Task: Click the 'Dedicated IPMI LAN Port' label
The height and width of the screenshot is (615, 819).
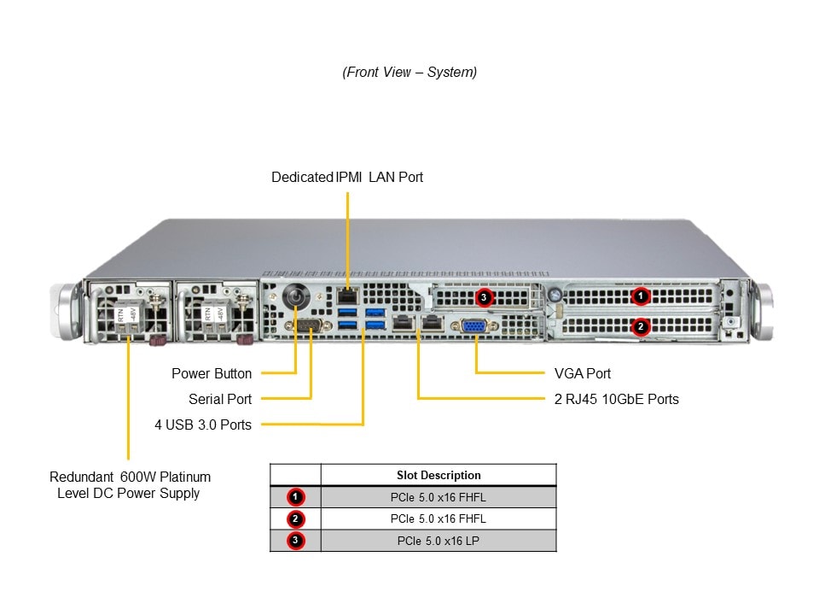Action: [x=346, y=177]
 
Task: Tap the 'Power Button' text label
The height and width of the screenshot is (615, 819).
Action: [x=212, y=373]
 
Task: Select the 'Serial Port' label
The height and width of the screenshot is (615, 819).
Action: [x=220, y=399]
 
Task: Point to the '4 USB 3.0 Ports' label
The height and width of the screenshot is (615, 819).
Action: [x=203, y=425]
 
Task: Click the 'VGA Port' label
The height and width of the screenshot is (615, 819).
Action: [x=582, y=373]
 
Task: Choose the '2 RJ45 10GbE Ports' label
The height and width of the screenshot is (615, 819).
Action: [x=616, y=399]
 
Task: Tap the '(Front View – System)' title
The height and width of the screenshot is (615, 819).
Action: [x=409, y=72]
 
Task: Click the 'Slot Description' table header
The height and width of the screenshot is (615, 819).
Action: [x=439, y=475]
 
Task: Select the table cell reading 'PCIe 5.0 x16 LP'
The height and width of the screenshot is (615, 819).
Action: [x=439, y=541]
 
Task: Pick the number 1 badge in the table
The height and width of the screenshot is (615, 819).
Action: [x=295, y=497]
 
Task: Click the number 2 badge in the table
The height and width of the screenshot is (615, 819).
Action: [x=295, y=518]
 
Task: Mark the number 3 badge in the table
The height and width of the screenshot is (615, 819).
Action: [x=295, y=541]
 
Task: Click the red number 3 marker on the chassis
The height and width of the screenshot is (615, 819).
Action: [x=485, y=298]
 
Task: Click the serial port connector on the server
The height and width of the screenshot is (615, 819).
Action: [x=306, y=325]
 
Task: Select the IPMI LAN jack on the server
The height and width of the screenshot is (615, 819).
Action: [x=347, y=296]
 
